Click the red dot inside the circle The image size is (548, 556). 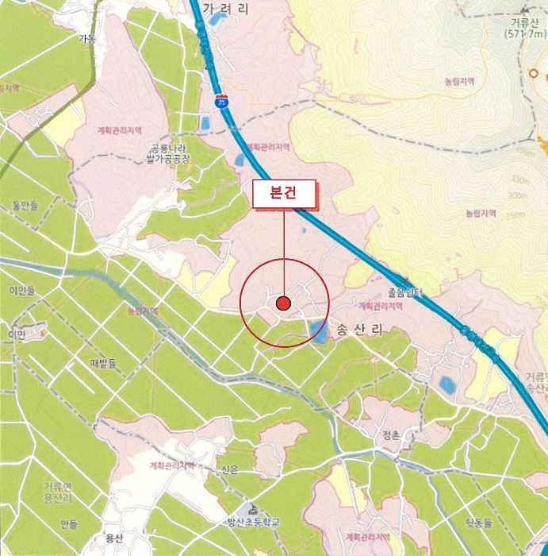point(284,303)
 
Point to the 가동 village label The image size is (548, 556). point(86,38)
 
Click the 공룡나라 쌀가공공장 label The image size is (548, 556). point(168,153)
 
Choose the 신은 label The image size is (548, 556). point(230,469)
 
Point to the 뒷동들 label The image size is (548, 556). point(479,522)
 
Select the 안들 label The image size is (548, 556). point(69,523)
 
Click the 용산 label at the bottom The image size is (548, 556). point(113,538)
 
